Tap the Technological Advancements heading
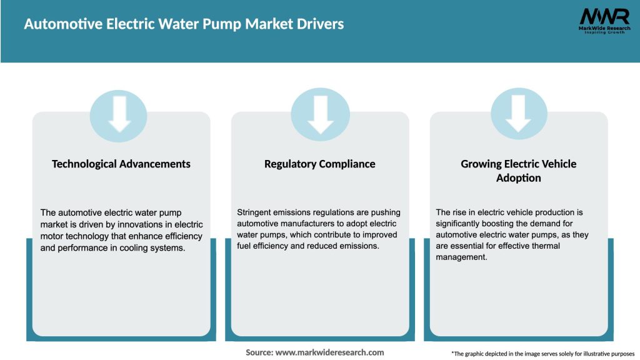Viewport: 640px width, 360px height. [121, 164]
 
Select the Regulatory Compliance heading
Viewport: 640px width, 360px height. [320, 164]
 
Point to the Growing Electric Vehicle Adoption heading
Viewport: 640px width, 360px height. [519, 171]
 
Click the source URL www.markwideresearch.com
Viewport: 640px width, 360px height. [329, 352]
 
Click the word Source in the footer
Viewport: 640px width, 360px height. [259, 352]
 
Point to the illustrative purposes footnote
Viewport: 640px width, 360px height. [542, 354]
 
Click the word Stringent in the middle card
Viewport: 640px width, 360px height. [254, 212]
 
